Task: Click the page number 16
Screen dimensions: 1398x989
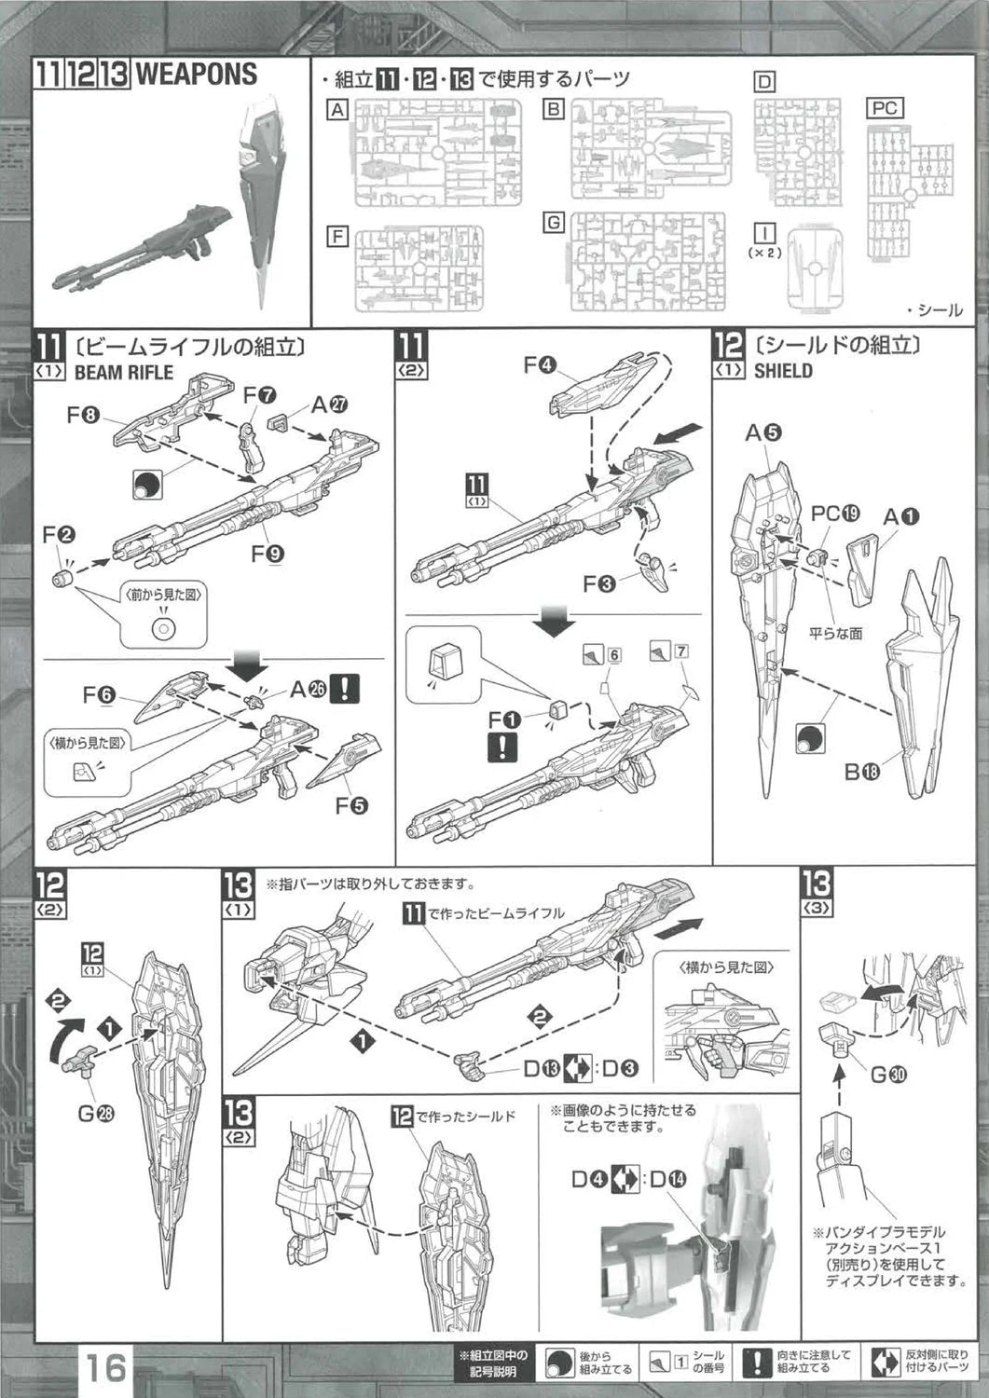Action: point(106,1366)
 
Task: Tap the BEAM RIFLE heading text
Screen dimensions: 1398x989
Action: point(123,372)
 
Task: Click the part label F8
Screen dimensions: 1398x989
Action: point(83,416)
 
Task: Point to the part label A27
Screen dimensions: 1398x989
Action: point(330,404)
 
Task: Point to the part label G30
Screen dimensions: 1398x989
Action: point(889,1075)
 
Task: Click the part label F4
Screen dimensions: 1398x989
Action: point(540,365)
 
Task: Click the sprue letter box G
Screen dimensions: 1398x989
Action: point(554,223)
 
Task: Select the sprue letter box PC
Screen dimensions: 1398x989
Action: point(884,108)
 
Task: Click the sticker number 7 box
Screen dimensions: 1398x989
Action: point(681,651)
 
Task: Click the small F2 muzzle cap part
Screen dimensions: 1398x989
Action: point(63,579)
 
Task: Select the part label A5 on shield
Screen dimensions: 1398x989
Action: point(762,432)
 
